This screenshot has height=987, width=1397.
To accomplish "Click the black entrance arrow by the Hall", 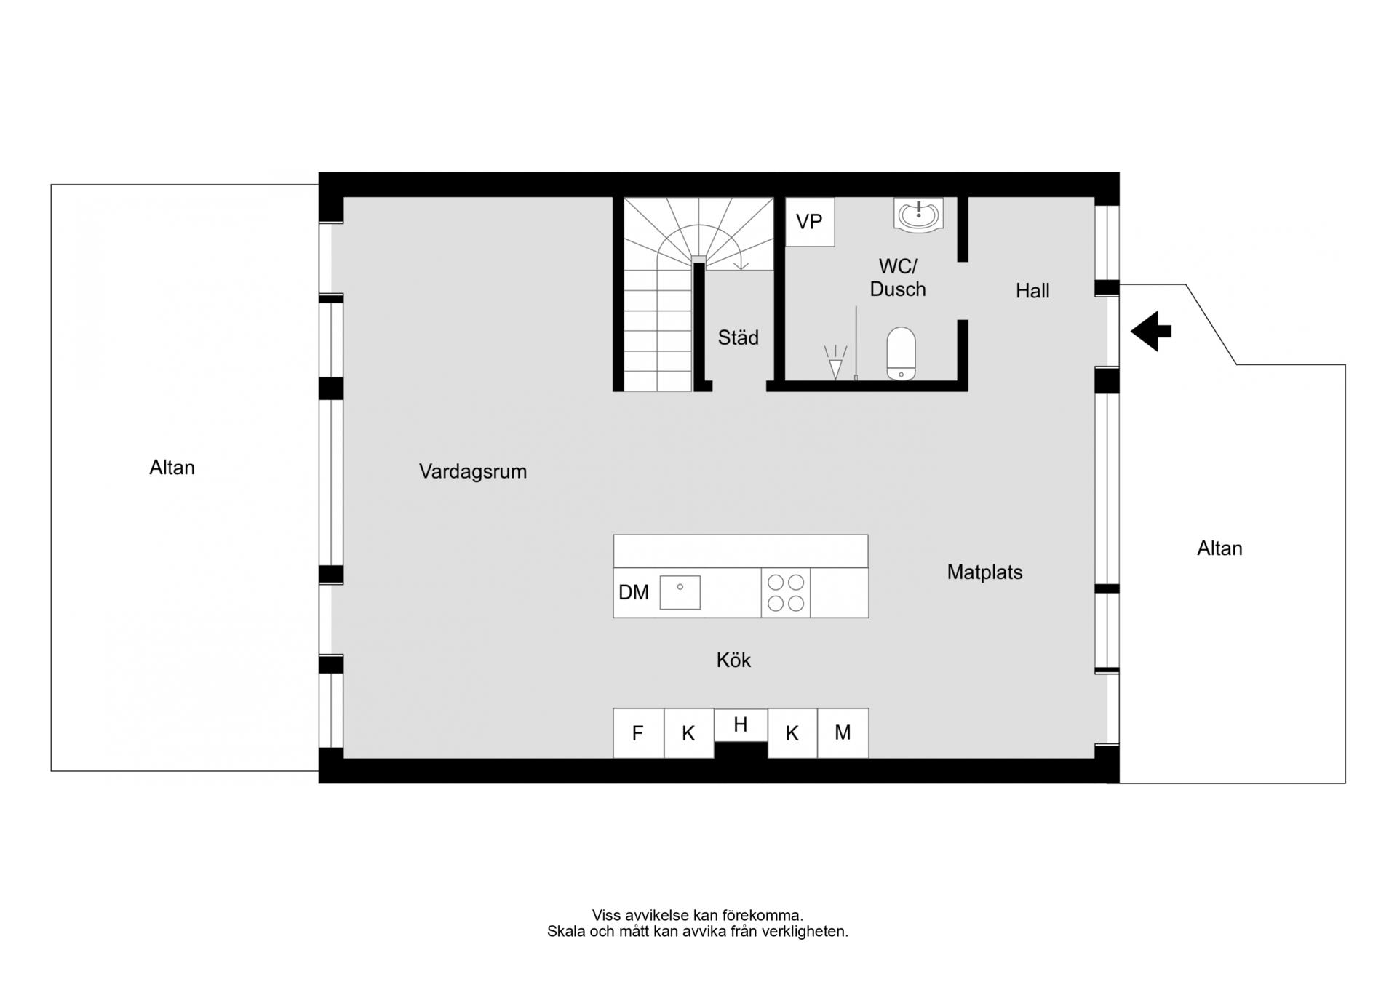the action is coord(1151,332).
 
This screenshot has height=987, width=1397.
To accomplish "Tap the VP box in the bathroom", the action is coord(810,222).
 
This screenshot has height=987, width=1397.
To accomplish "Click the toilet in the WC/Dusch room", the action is coord(902,353).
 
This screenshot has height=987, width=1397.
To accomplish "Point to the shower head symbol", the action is coord(836,362).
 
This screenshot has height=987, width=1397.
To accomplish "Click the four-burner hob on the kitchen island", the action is coord(786,593).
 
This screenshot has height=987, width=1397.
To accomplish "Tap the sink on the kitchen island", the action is coord(680,593).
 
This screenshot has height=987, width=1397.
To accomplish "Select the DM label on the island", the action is coord(634,593).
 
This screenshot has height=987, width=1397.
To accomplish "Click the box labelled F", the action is coord(638,733).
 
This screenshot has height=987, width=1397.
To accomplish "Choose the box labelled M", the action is coord(843,733).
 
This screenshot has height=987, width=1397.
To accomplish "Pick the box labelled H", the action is coord(741,725).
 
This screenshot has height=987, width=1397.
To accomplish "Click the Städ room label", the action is coord(739,337).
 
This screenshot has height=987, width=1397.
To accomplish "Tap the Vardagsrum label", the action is coord(473,472).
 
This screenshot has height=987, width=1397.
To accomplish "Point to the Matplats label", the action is coord(984,572).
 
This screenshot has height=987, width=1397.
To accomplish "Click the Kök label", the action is coord(733,660).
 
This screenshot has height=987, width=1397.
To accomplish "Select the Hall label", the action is coord(1032,291).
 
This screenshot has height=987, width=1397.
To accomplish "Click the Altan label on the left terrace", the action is coord(172,468).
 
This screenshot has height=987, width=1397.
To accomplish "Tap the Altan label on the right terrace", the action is coord(1220,548).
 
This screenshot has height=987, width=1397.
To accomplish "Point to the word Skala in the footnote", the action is coord(566,931).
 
